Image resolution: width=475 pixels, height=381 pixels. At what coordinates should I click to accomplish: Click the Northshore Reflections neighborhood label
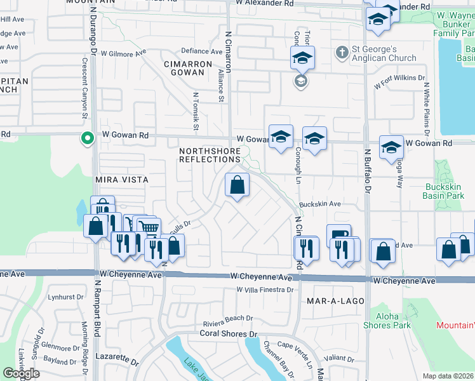(210, 155)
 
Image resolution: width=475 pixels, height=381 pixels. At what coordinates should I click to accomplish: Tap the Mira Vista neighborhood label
(121, 180)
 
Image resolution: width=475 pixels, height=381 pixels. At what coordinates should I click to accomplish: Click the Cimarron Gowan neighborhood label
(187, 68)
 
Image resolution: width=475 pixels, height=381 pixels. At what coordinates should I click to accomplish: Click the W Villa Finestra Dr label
(265, 290)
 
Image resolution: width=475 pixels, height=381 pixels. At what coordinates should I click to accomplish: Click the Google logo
(22, 373)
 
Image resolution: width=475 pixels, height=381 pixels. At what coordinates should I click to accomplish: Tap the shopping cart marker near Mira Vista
(148, 227)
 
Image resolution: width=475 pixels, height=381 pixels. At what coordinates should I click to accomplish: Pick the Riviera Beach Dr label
(228, 318)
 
